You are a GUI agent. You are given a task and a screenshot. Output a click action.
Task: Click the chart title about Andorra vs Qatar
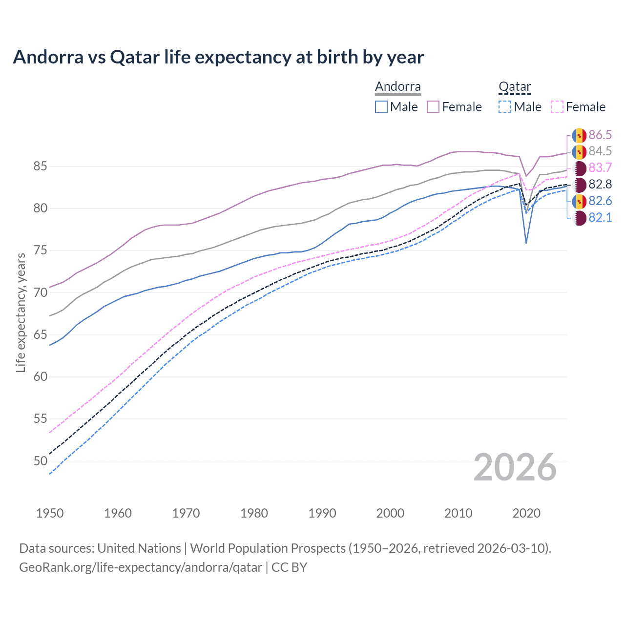point(218,57)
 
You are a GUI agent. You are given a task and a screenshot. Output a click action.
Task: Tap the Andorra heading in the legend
point(397,87)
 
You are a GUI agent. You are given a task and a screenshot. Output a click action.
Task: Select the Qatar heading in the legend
point(515,87)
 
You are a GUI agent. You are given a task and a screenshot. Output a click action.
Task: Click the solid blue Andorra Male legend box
point(381,107)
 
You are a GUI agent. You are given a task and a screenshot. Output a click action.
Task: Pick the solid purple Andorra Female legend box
point(433,107)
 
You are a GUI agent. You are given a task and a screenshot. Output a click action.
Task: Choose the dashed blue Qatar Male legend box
point(505,107)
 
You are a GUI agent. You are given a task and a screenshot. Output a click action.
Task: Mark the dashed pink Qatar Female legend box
point(557,107)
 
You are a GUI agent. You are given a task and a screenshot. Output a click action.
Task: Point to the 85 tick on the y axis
point(40,167)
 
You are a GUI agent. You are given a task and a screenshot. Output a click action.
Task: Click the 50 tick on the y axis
point(40,461)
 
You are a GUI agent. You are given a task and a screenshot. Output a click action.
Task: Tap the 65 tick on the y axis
point(40,335)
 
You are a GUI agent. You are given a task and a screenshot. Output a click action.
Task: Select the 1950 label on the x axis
point(50,513)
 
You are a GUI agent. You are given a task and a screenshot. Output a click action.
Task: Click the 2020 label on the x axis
point(526,513)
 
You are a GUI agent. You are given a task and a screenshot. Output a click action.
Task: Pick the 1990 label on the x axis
point(322,513)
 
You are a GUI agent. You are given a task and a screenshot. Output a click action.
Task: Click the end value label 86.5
point(600,135)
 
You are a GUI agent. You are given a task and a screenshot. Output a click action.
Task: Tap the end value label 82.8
point(600,185)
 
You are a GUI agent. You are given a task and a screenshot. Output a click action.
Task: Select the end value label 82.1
point(600,218)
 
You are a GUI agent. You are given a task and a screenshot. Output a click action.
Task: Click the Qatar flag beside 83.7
point(579,168)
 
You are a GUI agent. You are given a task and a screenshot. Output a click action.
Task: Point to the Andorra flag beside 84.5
point(579,151)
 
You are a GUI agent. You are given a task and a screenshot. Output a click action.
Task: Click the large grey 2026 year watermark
point(515,468)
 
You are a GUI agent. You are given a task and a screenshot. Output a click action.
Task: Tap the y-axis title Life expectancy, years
point(21,312)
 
